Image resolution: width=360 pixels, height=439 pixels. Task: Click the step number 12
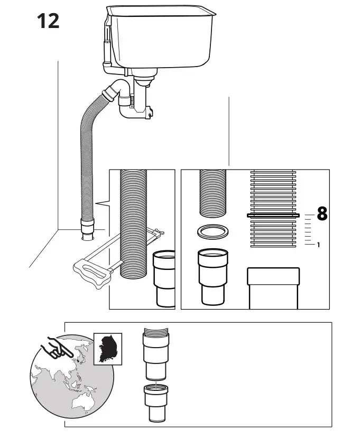pos(48,21)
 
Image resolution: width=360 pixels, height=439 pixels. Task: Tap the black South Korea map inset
pos(107,349)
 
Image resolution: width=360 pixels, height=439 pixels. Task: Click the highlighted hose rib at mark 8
pos(273,215)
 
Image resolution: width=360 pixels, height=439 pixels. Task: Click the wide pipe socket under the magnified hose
pos(273,288)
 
